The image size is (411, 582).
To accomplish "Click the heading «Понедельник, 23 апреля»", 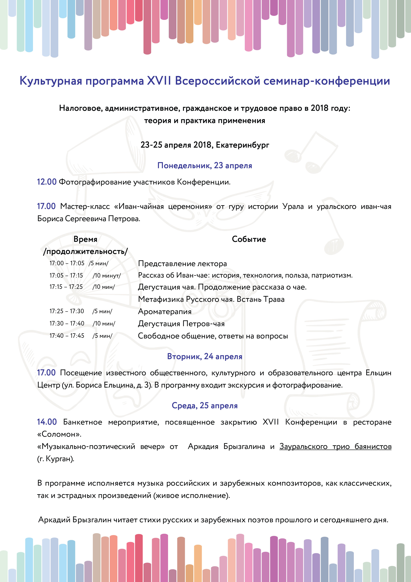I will click(205, 166).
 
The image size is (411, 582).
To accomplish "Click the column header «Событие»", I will click(249, 239).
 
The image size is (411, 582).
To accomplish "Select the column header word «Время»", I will click(85, 239).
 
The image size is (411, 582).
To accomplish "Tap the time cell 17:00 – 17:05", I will click(67, 263).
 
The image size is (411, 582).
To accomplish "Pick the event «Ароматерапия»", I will click(165, 312).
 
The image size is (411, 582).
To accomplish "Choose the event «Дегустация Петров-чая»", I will click(181, 324).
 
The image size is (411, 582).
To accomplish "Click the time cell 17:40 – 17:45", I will click(67, 336).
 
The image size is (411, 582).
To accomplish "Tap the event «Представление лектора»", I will click(182, 264).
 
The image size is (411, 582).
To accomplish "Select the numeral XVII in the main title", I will click(159, 81).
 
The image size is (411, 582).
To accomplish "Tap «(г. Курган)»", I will click(56, 459).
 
